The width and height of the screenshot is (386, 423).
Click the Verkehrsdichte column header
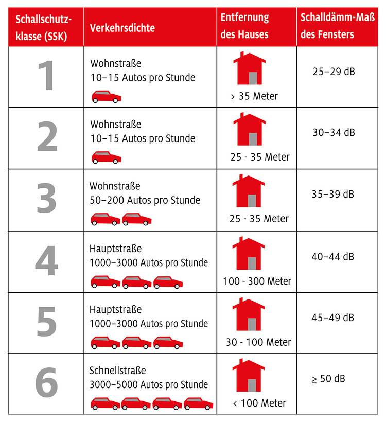(x=122, y=28)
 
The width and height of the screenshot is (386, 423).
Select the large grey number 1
(x=46, y=76)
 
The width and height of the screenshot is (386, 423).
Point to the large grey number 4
(x=46, y=262)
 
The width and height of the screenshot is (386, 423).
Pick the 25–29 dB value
(x=334, y=71)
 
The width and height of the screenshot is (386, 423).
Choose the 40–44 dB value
(x=334, y=256)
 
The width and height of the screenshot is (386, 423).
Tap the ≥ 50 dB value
(x=328, y=379)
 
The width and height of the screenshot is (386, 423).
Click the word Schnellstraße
(x=118, y=371)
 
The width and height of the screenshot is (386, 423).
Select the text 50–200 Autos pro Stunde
(x=145, y=200)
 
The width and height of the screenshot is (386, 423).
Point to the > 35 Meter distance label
(x=254, y=96)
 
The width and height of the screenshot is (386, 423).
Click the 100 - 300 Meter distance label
(x=257, y=281)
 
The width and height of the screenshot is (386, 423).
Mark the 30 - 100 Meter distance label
(x=258, y=342)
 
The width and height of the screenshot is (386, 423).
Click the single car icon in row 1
(x=107, y=96)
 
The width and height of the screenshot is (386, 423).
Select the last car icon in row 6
(x=198, y=403)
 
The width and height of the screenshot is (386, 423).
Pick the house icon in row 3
(x=249, y=191)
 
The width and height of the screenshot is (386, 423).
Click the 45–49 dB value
(x=334, y=318)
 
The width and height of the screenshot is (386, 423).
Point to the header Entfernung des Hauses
(x=245, y=26)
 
